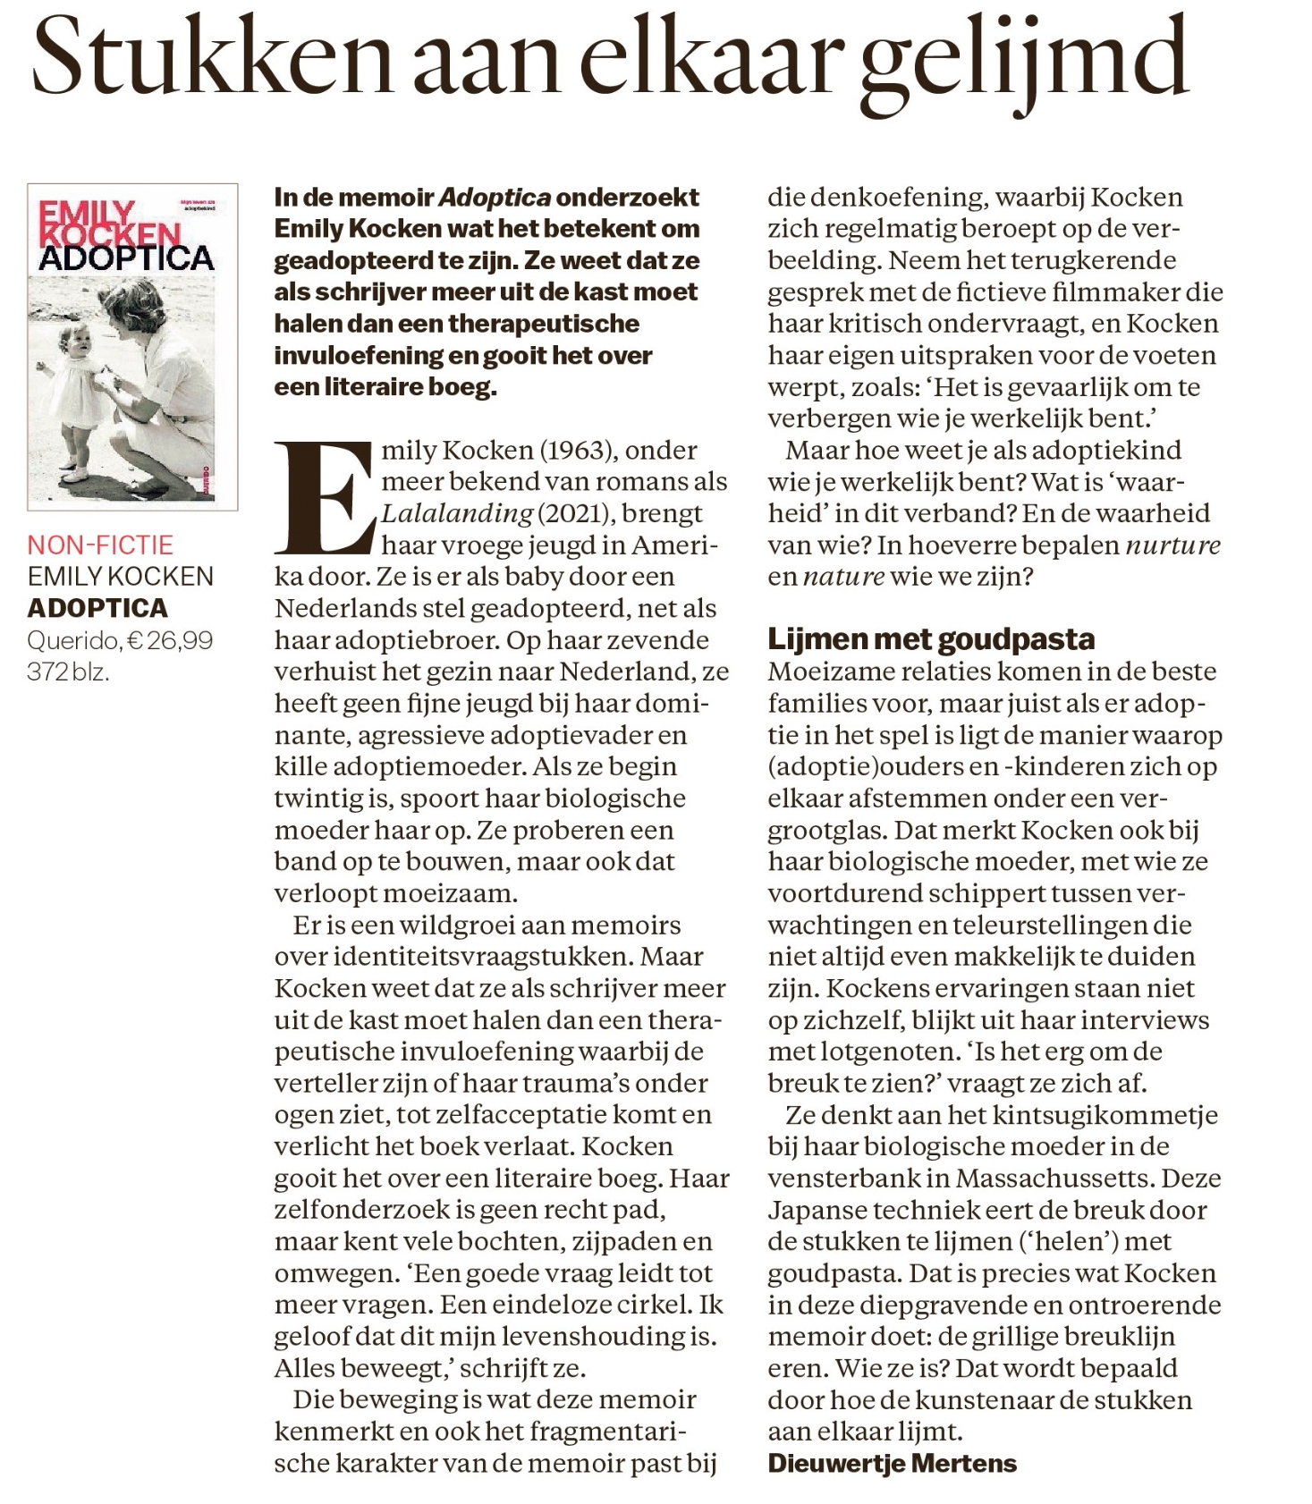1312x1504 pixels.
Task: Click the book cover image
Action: pos(132,347)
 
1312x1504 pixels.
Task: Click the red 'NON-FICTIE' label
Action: pos(100,545)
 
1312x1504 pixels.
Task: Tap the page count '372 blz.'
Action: pos(68,672)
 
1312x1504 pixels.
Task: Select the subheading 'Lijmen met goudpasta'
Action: pos(931,639)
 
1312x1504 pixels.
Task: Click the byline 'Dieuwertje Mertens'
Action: pos(893,1463)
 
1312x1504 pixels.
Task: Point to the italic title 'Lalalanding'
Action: pos(457,513)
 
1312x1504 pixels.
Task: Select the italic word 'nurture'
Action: pos(1172,545)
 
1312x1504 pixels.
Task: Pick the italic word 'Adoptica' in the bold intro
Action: pos(494,197)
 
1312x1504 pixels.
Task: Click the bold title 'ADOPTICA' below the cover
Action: pos(97,608)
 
